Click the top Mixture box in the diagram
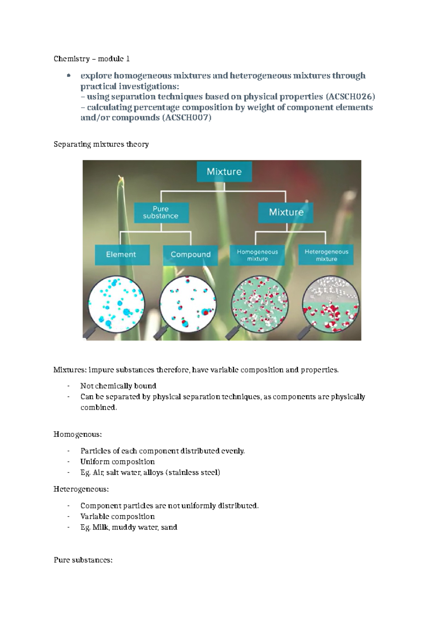[x=224, y=171]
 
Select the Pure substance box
[x=161, y=213]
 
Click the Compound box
[x=191, y=254]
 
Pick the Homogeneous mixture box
[x=257, y=255]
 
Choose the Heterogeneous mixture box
[x=326, y=255]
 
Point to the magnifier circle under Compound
[x=188, y=303]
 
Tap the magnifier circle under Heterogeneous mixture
[x=330, y=303]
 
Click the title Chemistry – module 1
[x=91, y=59]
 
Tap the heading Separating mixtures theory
[x=101, y=144]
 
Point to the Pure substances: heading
[x=83, y=560]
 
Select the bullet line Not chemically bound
[x=118, y=386]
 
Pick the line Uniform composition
[x=117, y=462]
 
